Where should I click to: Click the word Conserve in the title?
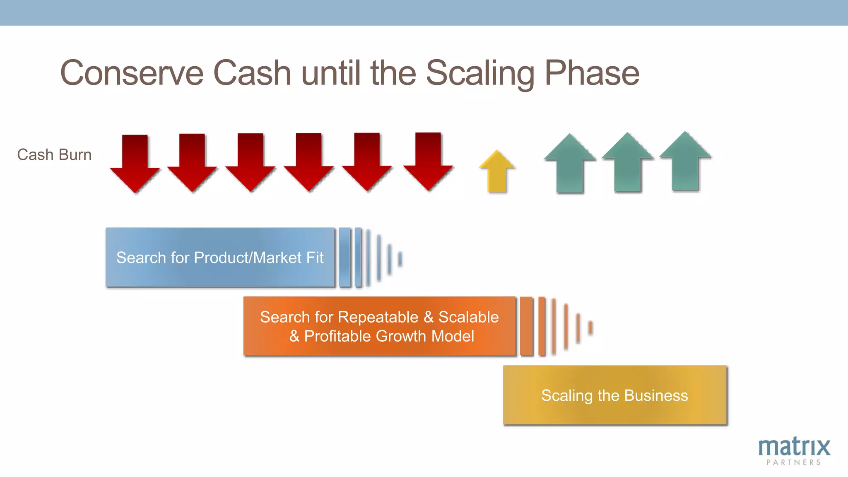click(x=132, y=73)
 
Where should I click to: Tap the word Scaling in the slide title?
click(x=480, y=73)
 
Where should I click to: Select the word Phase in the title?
click(x=592, y=73)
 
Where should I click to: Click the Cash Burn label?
click(x=54, y=155)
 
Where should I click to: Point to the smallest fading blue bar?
click(x=400, y=259)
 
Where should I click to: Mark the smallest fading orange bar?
click(x=590, y=328)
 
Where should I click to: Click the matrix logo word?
click(x=794, y=447)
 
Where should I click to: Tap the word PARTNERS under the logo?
click(x=793, y=463)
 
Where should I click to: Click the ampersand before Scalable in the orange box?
click(x=429, y=317)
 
